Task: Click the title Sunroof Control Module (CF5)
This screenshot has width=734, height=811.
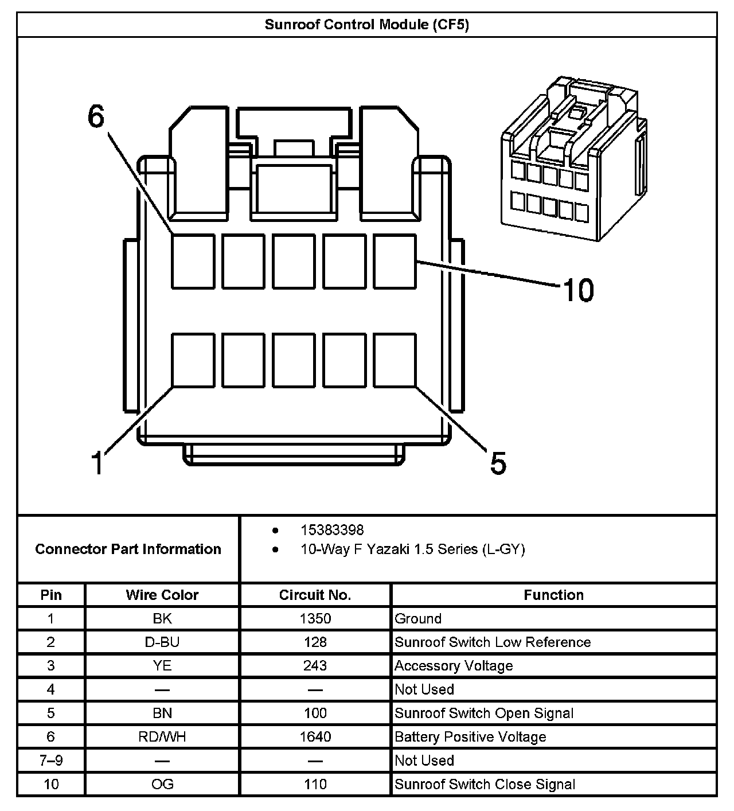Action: pos(366,25)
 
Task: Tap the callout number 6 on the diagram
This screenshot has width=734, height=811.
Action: pos(96,116)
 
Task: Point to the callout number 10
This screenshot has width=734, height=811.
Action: pos(578,290)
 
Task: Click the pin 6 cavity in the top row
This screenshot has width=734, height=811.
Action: pos(193,261)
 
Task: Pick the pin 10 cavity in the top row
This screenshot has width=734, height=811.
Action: pos(395,261)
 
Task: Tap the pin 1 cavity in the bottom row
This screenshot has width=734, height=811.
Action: pos(193,360)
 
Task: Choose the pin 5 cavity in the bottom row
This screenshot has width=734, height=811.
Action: pos(395,360)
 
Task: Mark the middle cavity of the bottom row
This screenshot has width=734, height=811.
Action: pos(294,360)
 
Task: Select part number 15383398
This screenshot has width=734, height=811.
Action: pos(332,530)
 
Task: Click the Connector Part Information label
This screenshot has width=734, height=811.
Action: pos(128,549)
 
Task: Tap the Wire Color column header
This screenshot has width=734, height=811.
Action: pos(162,595)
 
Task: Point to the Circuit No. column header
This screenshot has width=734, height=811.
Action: pos(315,595)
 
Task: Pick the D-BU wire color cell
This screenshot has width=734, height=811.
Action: pos(162,642)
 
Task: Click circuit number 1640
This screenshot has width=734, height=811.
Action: pos(315,736)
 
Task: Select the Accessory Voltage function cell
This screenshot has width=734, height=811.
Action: pos(454,666)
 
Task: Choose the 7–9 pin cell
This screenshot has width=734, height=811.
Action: pos(51,761)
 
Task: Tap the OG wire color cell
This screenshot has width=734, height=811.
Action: pos(162,784)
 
